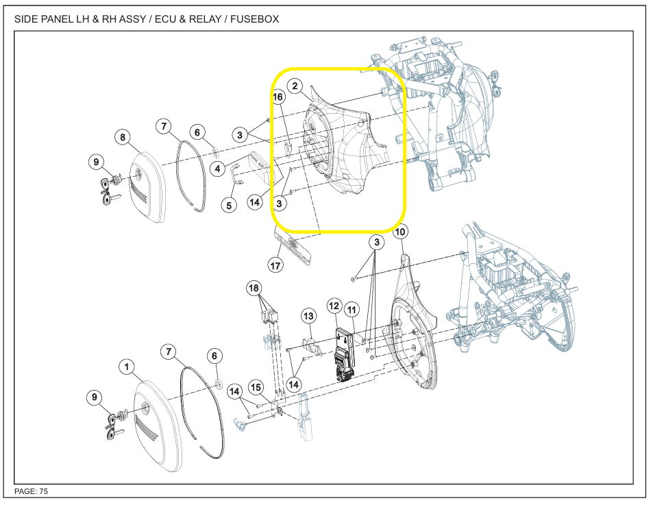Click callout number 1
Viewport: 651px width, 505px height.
[127, 367]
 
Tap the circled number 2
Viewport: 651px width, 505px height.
[295, 86]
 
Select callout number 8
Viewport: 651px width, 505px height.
[123, 137]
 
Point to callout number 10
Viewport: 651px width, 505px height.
[400, 232]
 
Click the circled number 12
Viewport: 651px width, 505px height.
[334, 306]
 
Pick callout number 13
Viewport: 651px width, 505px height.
[308, 317]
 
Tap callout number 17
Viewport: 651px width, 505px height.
[275, 265]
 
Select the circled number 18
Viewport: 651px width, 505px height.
[254, 288]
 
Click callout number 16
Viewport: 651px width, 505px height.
[278, 97]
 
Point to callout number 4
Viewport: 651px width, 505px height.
[217, 169]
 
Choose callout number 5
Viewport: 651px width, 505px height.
[229, 205]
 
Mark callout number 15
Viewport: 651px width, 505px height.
[256, 387]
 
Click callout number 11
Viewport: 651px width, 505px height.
[352, 310]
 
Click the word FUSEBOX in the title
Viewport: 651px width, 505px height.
[254, 19]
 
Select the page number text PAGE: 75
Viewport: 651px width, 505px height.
[31, 491]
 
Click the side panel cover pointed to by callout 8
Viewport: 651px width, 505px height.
[148, 187]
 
